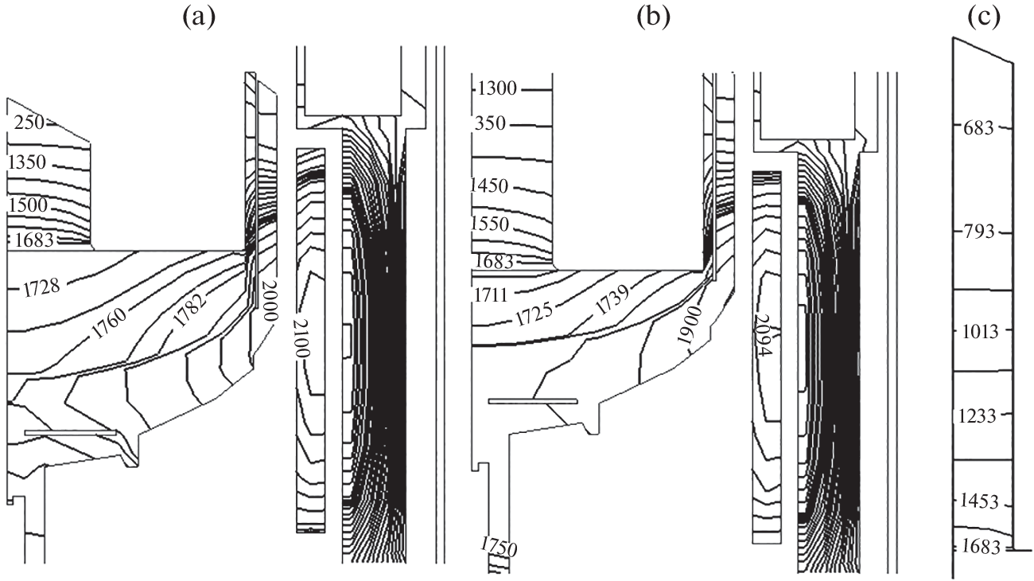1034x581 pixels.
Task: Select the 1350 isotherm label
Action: [x=28, y=163]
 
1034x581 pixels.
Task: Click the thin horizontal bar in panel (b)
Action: [x=532, y=401]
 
